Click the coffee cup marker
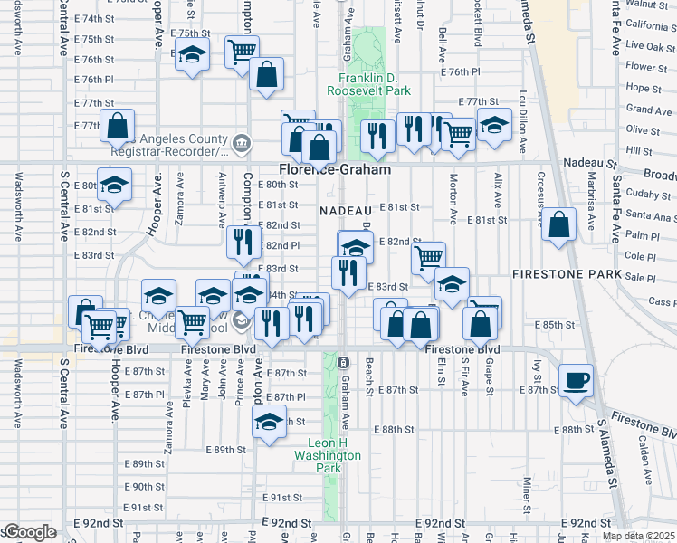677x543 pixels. tap(576, 380)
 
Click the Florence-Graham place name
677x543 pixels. tap(335, 169)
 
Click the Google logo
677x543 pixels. tap(29, 532)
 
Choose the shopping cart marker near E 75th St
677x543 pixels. tap(242, 52)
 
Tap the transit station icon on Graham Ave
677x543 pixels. tap(343, 362)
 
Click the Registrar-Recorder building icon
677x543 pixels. tap(243, 142)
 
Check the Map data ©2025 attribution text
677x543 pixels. tap(640, 535)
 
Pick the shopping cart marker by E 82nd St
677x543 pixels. tap(428, 257)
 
